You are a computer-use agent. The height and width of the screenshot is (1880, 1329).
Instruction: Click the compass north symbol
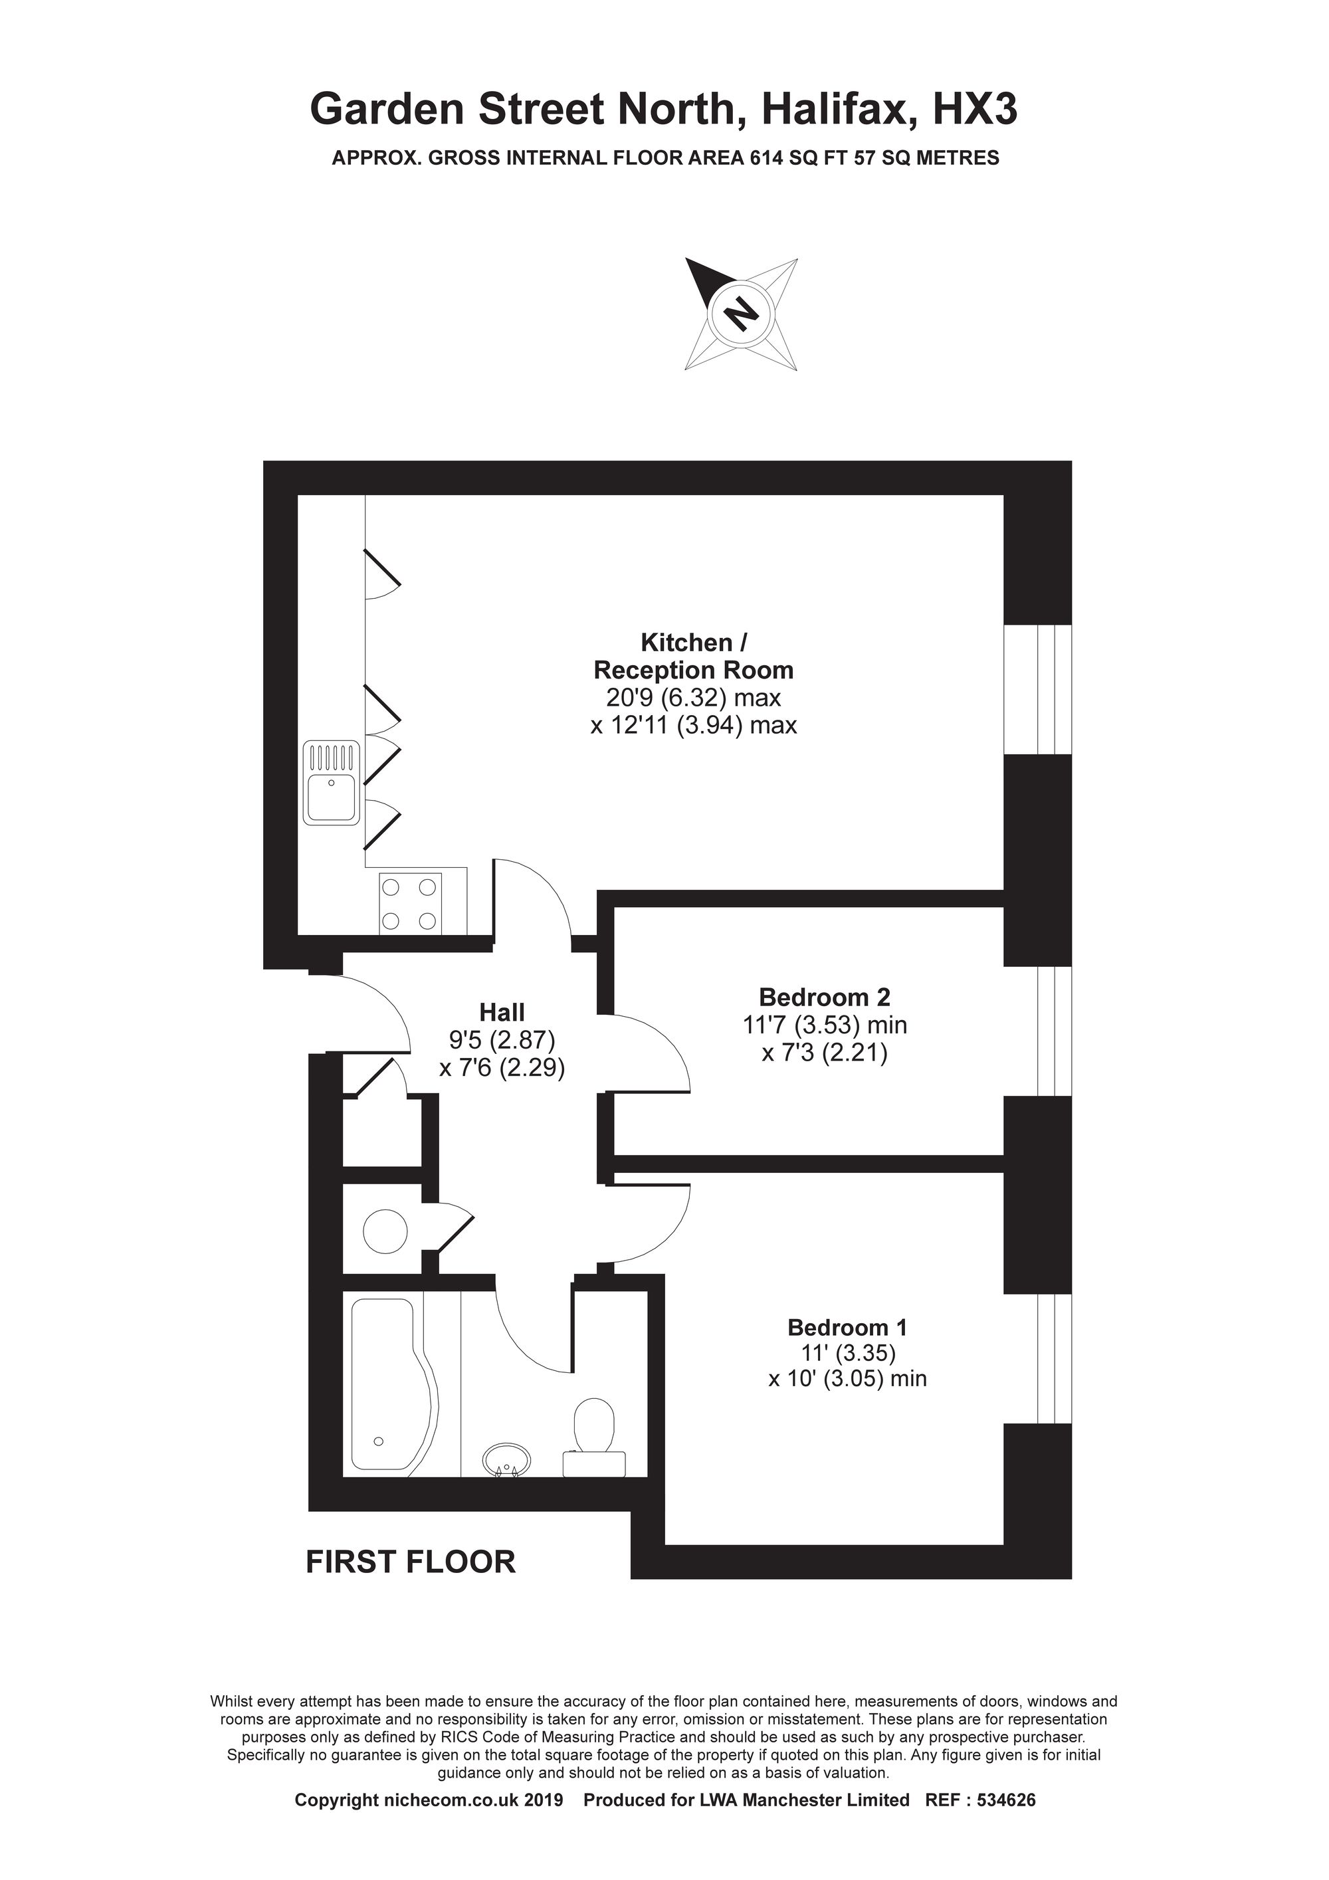pyautogui.click(x=740, y=313)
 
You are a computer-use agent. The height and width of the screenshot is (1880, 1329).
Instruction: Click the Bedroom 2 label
pyautogui.click(x=824, y=997)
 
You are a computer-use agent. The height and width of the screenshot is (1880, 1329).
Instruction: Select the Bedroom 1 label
pyautogui.click(x=847, y=1327)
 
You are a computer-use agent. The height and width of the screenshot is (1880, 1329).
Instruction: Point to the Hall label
pyautogui.click(x=502, y=1012)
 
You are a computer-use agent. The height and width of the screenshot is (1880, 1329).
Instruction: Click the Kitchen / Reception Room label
pyautogui.click(x=693, y=656)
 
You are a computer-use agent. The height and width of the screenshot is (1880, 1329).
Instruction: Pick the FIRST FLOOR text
pyautogui.click(x=410, y=1562)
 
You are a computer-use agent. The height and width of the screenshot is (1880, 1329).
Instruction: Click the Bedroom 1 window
pyautogui.click(x=1054, y=1358)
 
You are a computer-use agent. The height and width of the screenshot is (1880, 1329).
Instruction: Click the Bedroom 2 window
pyautogui.click(x=1054, y=1030)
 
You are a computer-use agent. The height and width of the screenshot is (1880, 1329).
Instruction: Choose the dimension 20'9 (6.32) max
pyautogui.click(x=693, y=698)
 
